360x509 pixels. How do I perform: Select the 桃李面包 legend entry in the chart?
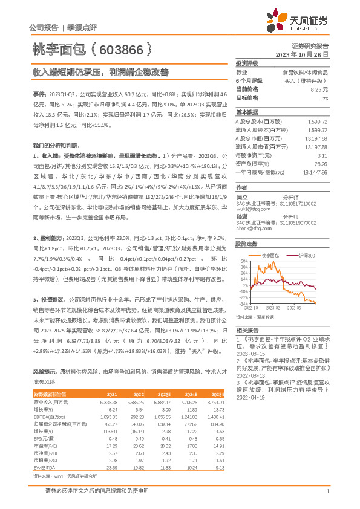(x=273, y=256)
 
